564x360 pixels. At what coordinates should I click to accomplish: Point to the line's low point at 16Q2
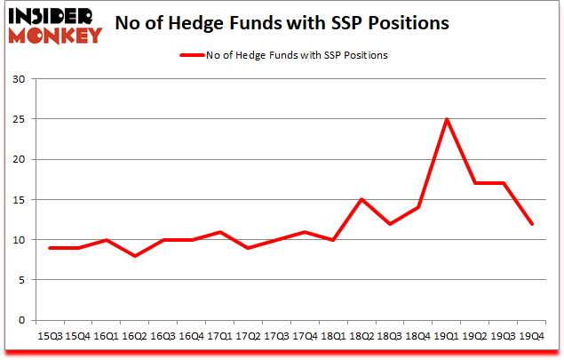coord(136,256)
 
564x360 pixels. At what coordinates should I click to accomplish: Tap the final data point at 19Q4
coord(532,223)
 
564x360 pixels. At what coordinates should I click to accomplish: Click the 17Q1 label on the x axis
coord(218,337)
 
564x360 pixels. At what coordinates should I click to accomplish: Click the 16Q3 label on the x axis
coord(163,337)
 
